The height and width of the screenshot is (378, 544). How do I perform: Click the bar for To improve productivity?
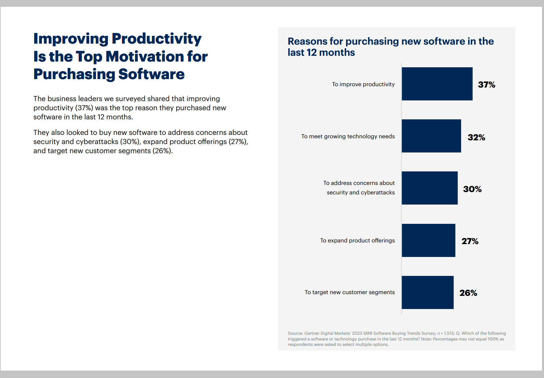(437, 84)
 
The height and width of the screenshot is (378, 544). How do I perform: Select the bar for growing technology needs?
(431, 136)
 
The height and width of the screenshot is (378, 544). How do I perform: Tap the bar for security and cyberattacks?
(430, 188)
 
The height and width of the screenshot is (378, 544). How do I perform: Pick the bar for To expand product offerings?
(428, 240)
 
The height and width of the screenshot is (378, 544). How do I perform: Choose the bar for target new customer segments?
(428, 292)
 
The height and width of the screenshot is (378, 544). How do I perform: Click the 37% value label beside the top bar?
(486, 85)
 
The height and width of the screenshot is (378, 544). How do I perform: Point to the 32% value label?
(476, 137)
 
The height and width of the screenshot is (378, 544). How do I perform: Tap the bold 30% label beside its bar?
(472, 189)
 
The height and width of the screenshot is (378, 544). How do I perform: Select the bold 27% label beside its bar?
(470, 241)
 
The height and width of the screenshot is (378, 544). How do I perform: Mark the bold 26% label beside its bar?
(468, 293)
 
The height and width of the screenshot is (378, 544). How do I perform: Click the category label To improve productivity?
(363, 84)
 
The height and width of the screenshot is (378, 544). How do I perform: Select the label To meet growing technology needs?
(348, 136)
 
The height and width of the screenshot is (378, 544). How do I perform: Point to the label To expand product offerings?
(357, 240)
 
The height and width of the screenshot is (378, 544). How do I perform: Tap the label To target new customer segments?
(349, 292)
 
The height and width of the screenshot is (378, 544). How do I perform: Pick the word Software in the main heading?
(151, 74)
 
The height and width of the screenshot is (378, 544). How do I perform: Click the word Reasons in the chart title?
(307, 41)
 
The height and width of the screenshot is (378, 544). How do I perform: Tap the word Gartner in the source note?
(312, 333)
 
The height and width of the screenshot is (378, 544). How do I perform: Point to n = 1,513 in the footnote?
(446, 333)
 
